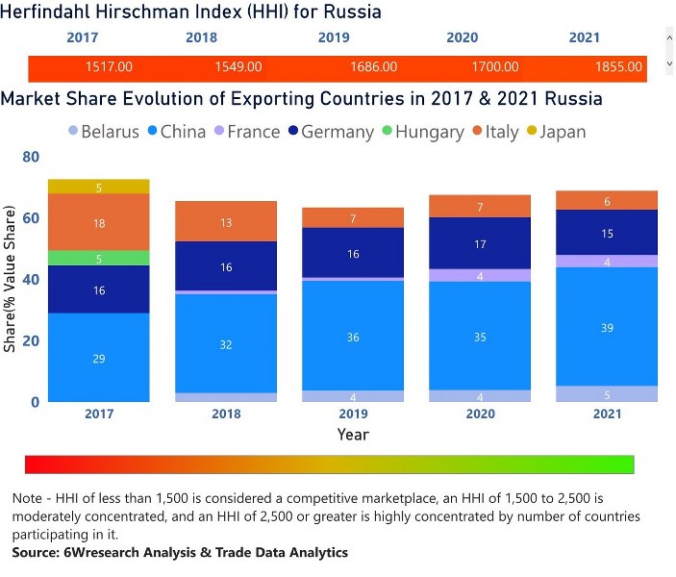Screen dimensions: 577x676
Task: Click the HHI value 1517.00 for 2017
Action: (x=109, y=67)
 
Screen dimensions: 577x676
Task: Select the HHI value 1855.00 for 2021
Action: (x=617, y=67)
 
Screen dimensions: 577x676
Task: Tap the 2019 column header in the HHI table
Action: (x=334, y=38)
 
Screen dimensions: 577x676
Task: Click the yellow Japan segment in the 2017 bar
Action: (x=99, y=187)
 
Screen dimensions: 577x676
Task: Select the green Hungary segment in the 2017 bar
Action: (x=99, y=258)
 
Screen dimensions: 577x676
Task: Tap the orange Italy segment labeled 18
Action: (x=99, y=222)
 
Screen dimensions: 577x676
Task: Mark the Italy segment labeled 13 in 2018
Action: (x=226, y=222)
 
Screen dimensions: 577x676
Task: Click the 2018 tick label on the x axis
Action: (x=226, y=414)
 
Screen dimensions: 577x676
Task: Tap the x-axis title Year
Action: (x=353, y=435)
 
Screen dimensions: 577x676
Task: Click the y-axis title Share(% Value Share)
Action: (x=10, y=279)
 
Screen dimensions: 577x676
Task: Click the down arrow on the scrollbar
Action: (x=669, y=63)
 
